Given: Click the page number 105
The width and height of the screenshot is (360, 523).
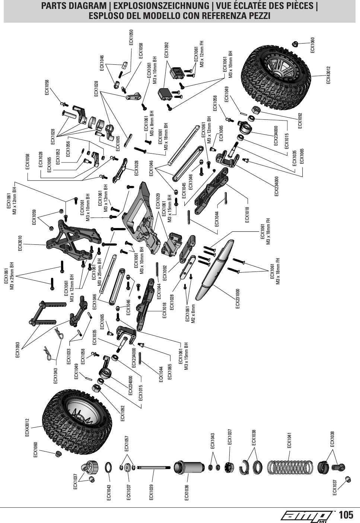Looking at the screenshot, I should [346, 515].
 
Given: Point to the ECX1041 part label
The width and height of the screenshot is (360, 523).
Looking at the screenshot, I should [289, 440].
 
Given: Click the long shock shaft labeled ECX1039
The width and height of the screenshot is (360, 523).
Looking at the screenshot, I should [153, 468].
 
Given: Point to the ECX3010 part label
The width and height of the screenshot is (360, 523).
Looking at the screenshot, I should [20, 243].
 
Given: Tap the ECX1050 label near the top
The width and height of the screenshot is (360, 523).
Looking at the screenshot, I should [131, 38].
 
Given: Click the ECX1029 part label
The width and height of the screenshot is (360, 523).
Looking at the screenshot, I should [158, 201].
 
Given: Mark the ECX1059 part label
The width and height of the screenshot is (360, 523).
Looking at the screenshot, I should [34, 218].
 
